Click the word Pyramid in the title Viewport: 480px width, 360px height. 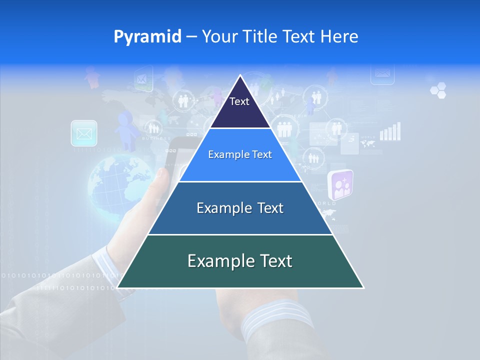tap(147, 36)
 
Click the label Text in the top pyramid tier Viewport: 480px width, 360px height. tap(239, 101)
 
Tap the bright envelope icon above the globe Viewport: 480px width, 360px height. tap(84, 133)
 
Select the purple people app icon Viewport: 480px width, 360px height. tap(340, 184)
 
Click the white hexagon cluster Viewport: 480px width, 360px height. tap(438, 90)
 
